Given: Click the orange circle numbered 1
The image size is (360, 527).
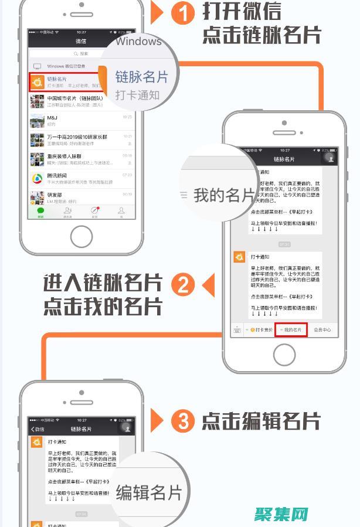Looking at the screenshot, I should click(x=184, y=12).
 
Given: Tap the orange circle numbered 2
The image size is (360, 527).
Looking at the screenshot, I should click(x=183, y=285).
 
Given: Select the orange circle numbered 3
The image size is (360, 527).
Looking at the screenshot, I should click(x=183, y=421).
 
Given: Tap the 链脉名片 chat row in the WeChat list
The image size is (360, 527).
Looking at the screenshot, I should click(x=67, y=82).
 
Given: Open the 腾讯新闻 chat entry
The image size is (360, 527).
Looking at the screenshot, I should click(x=57, y=175).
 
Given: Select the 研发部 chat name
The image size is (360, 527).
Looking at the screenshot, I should click(x=55, y=195).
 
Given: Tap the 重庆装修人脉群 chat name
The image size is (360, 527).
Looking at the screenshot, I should click(x=64, y=157).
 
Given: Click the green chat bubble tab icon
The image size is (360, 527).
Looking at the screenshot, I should click(x=40, y=210).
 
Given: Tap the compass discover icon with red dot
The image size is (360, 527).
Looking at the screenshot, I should click(x=94, y=210).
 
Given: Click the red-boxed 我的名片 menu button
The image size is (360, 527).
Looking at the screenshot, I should click(x=291, y=330).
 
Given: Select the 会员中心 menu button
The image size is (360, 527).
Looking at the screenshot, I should click(x=322, y=330).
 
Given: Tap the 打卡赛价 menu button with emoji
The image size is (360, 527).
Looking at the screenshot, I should click(x=260, y=330).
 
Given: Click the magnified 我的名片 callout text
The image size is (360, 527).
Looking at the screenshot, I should click(x=224, y=195).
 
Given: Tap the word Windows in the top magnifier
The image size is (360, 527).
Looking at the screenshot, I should click(x=138, y=42).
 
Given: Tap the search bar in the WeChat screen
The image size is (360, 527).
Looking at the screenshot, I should click(x=81, y=53).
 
